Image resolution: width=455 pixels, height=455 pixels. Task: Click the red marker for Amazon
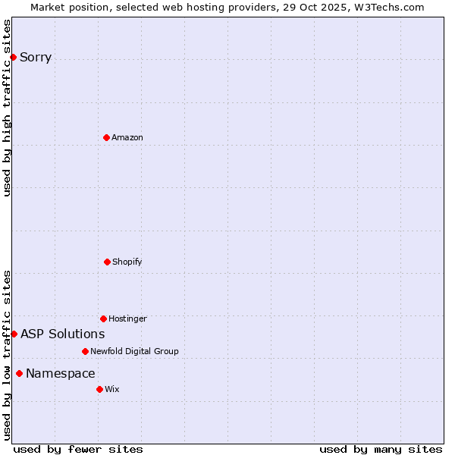click(x=106, y=137)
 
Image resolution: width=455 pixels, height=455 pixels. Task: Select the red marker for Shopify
click(x=107, y=262)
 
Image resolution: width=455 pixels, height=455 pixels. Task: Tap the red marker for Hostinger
click(x=103, y=318)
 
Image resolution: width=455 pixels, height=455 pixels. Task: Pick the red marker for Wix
click(x=99, y=389)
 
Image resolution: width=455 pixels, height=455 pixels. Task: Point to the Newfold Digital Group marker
click(x=85, y=351)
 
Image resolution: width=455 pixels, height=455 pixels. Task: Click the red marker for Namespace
click(x=19, y=373)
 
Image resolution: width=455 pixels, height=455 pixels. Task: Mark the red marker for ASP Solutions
click(x=14, y=334)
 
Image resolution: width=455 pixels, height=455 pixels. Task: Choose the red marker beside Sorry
click(x=13, y=57)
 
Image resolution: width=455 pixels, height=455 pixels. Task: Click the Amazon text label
click(x=127, y=137)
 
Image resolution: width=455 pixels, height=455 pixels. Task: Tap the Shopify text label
click(x=127, y=262)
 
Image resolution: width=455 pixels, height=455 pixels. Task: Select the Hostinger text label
click(x=127, y=318)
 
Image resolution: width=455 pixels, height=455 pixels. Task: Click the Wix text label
click(x=112, y=389)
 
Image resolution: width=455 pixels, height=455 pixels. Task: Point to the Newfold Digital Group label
click(x=134, y=351)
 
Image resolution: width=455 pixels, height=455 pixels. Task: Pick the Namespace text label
click(x=61, y=373)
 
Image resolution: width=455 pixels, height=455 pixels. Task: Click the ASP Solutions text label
click(x=63, y=334)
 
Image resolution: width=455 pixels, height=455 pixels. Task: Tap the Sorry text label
click(x=36, y=57)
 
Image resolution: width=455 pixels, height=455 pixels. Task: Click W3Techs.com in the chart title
click(x=387, y=7)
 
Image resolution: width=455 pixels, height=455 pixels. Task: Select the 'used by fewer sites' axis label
click(x=78, y=449)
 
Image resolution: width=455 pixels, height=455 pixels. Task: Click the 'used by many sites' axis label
click(x=381, y=449)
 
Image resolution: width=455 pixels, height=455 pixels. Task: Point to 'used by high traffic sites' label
click(x=7, y=108)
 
